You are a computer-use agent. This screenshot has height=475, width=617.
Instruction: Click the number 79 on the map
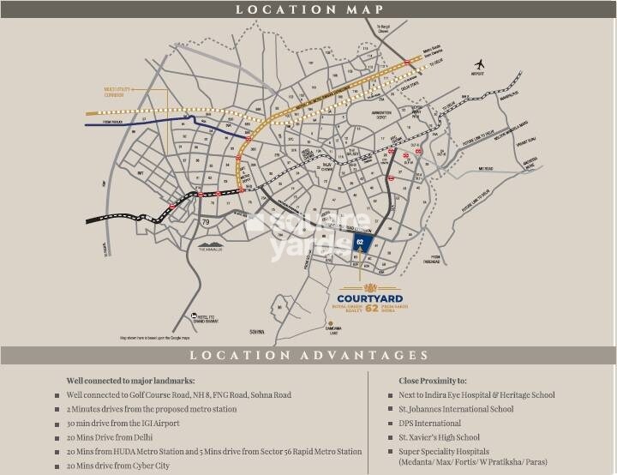[206, 223]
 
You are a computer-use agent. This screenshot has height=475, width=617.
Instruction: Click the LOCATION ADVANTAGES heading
[308, 354]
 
